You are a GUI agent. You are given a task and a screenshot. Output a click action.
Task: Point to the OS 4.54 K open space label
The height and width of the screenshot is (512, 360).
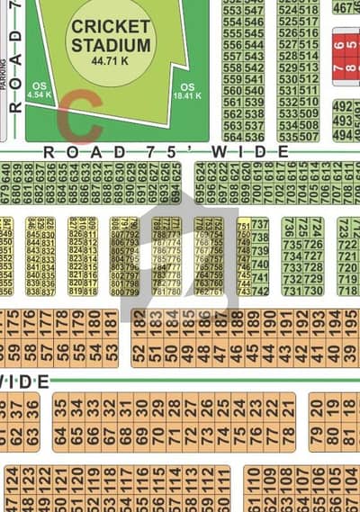tap(39, 87)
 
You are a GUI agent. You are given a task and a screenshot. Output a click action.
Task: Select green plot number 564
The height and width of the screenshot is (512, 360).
tap(231, 137)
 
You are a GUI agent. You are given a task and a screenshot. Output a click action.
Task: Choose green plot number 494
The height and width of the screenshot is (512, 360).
tap(343, 135)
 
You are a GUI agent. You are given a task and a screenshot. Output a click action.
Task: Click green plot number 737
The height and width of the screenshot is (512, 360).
tap(259, 225)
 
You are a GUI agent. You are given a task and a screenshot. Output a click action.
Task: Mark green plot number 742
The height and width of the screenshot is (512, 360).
tap(259, 291)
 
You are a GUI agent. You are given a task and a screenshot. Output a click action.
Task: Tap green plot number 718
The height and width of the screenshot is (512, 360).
tap(346, 291)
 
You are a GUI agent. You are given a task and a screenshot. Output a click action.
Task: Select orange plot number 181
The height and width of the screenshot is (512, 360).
tap(111, 320)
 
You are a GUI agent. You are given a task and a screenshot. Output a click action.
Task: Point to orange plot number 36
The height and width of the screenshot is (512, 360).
tap(32, 407)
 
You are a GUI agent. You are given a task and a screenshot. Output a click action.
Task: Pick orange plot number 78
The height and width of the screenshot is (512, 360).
tap(288, 437)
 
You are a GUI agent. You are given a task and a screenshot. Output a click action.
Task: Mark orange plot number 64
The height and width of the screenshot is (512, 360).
tap(59, 437)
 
